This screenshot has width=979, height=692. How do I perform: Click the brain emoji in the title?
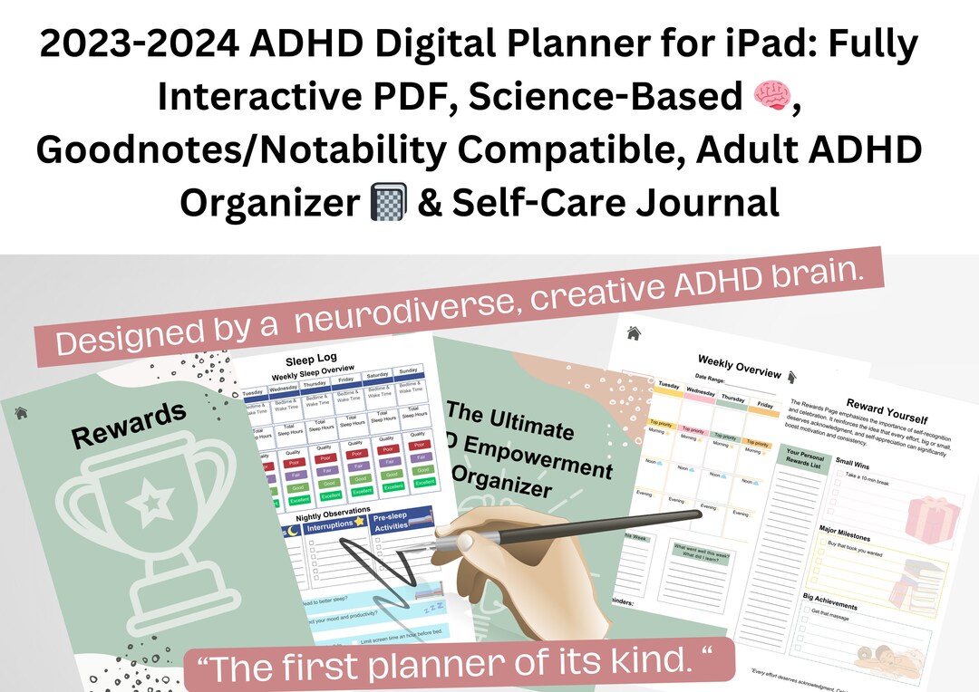771,96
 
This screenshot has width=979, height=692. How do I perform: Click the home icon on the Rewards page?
20,412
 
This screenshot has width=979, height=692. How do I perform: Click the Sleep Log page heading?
312,360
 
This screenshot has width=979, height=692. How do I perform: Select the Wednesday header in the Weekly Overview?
700,391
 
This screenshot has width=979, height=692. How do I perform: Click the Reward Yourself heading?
887,410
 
